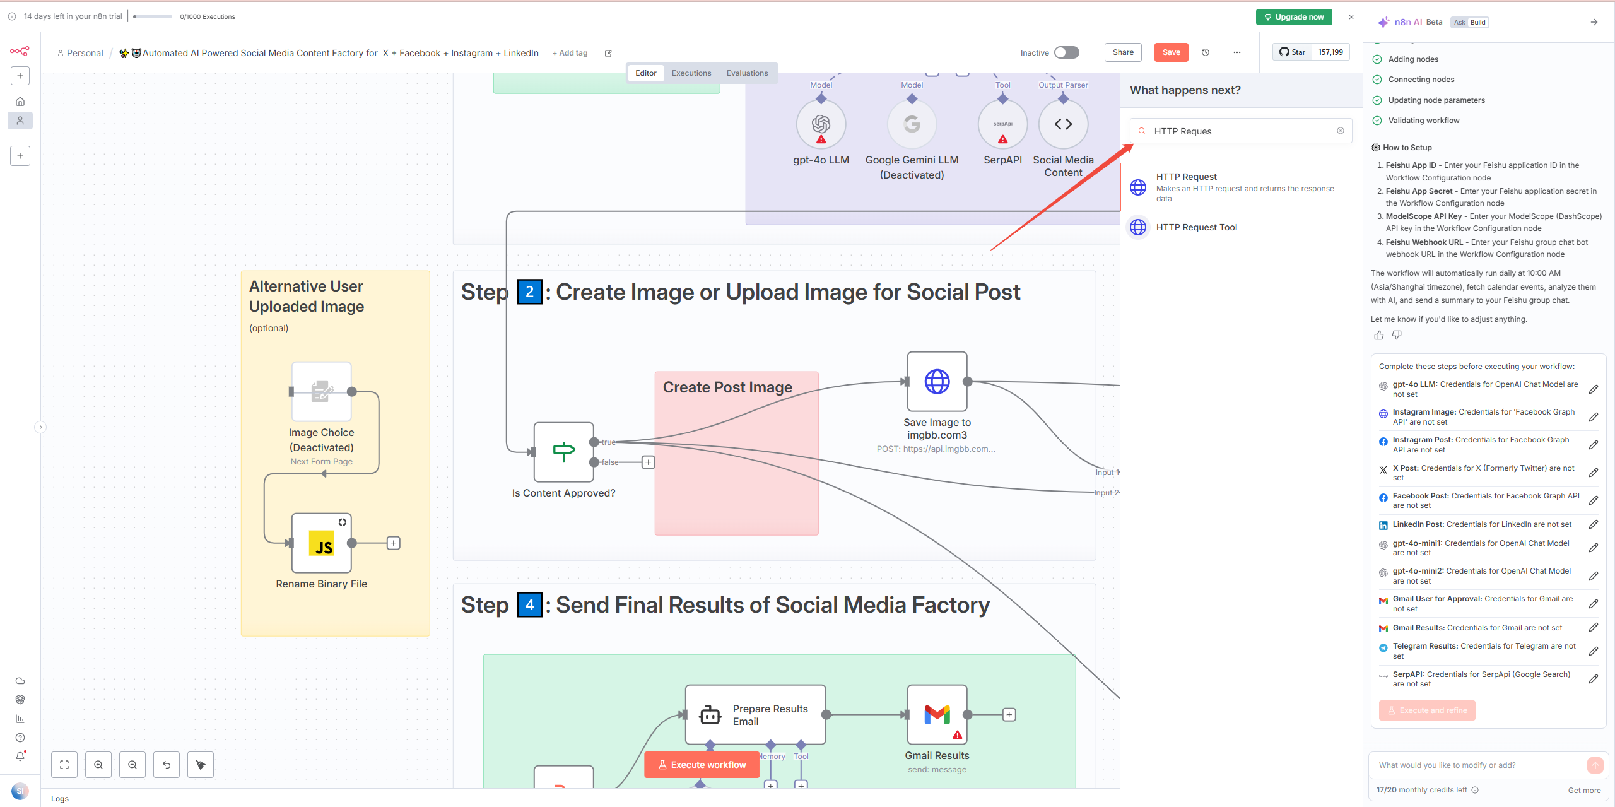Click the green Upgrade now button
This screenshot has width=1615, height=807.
1293,17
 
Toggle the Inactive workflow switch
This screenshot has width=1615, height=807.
1066,52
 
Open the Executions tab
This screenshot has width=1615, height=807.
691,73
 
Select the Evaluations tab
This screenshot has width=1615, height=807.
747,73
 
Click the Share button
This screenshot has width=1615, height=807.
1122,52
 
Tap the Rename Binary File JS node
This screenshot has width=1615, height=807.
321,543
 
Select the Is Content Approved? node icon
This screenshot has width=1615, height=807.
563,452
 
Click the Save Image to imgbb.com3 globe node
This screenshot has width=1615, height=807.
937,382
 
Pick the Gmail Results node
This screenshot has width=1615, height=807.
937,715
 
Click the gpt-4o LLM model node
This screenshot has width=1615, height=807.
821,124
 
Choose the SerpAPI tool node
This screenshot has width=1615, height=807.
1002,124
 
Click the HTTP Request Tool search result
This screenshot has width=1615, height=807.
1196,227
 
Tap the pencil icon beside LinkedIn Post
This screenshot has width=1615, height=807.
1593,524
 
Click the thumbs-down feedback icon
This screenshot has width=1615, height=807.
1397,335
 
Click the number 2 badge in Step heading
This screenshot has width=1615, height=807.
529,292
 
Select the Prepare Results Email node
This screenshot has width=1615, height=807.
755,715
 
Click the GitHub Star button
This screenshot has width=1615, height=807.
1292,52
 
